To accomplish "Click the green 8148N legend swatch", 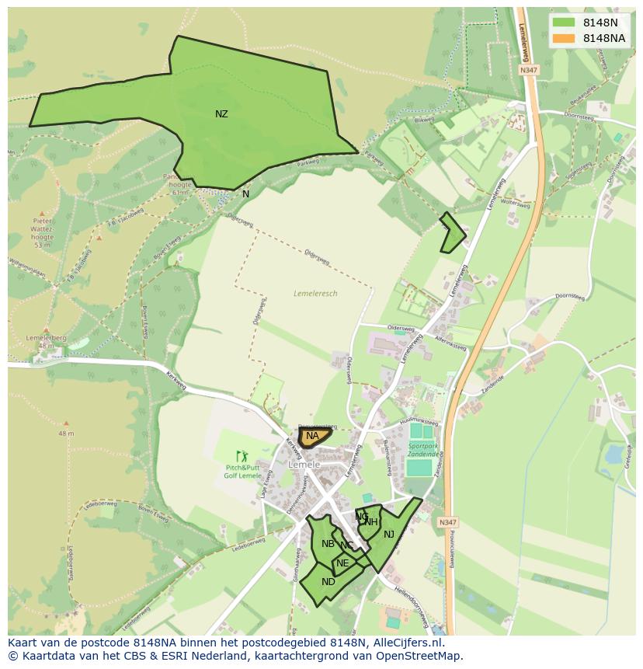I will tap(565, 23).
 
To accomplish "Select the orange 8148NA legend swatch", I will tap(565, 38).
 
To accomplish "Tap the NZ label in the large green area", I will tap(221, 114).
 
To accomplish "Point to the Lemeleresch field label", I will tap(316, 294).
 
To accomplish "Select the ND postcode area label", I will tap(328, 582).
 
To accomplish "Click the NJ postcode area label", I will tap(389, 534).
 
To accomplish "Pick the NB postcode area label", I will tap(328, 544).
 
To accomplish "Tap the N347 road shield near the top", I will tap(529, 70).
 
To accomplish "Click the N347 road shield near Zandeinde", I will tap(447, 523).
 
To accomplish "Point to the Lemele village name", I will tap(304, 465).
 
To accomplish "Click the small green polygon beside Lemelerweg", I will tap(452, 233).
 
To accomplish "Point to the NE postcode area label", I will tap(342, 563).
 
